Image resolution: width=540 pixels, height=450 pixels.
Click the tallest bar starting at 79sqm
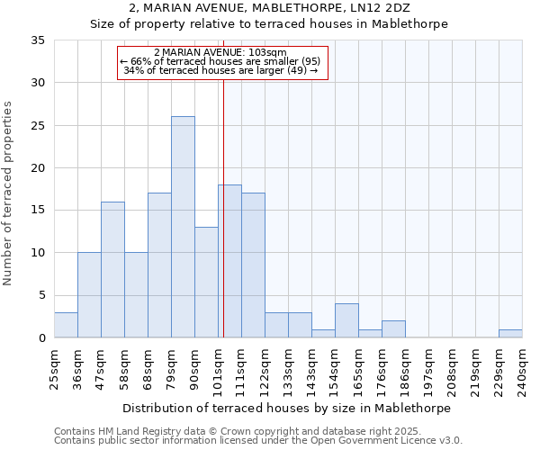pyautogui.click(x=183, y=227)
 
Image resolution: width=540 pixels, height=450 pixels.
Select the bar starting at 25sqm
pyautogui.click(x=66, y=325)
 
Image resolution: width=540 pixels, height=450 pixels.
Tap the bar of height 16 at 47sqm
pyautogui.click(x=112, y=270)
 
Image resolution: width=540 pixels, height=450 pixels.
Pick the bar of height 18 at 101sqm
pyautogui.click(x=229, y=261)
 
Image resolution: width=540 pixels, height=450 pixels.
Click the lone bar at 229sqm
pyautogui.click(x=510, y=334)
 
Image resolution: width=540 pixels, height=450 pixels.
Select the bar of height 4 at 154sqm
pyautogui.click(x=346, y=321)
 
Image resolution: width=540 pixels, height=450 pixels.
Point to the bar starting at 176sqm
pyautogui.click(x=393, y=329)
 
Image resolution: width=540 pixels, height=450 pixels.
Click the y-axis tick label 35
pyautogui.click(x=38, y=40)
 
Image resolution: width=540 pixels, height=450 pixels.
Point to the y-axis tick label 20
pyautogui.click(x=38, y=168)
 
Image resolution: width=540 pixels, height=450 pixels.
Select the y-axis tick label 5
pyautogui.click(x=41, y=296)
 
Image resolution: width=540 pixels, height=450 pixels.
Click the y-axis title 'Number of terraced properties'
pyautogui.click(x=8, y=193)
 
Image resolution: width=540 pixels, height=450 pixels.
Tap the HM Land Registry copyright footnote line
pyautogui.click(x=237, y=431)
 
